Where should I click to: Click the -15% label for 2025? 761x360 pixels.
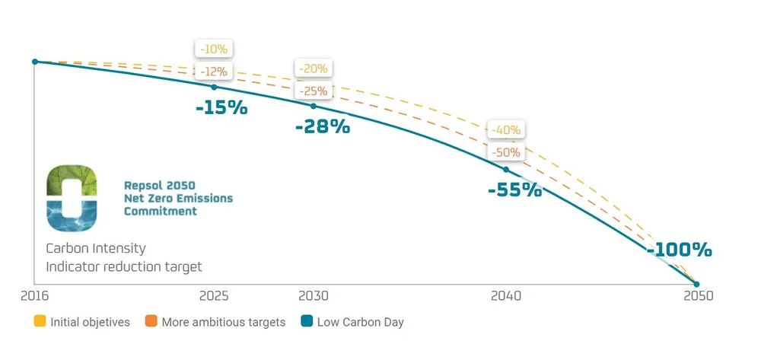point(221,108)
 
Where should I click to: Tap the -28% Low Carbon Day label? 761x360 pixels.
point(323,127)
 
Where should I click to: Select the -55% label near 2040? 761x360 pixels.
point(514,190)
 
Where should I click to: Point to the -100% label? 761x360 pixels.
point(679,250)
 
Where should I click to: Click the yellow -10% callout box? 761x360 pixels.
point(213,49)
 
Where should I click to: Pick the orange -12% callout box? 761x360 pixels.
point(213,72)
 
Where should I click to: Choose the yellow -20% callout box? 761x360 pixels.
point(314,68)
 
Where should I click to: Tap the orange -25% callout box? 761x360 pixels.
point(314,91)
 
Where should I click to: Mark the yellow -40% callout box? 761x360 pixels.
point(506,130)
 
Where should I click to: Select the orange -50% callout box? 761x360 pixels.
point(506,152)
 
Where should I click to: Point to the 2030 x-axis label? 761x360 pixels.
point(314,295)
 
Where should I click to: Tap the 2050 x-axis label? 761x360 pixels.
point(698,295)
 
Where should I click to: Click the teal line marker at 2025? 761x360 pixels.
point(214,87)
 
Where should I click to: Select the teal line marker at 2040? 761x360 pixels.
point(505,169)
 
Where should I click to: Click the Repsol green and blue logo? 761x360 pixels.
point(72,199)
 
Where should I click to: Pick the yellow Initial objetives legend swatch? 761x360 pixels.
point(40,321)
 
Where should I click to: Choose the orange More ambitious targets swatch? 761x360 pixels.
point(151,321)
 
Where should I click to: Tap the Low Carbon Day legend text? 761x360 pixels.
point(360,322)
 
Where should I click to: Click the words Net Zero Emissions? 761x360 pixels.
point(178,198)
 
